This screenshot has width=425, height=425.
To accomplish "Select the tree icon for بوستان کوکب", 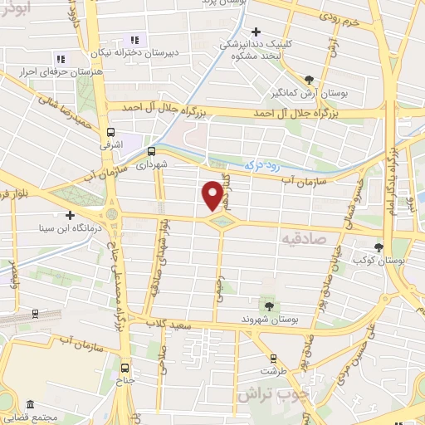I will [x=379, y=247].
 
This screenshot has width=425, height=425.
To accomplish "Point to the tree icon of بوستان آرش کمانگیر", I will [x=309, y=80].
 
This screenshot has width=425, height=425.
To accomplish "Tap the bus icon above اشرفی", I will [x=111, y=132].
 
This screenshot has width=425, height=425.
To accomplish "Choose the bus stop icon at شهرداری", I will [x=151, y=151].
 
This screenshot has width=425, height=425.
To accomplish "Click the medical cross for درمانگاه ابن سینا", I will [x=70, y=214].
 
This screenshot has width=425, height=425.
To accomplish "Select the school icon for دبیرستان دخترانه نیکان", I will [x=132, y=41].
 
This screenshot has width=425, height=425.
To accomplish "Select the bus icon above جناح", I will [x=125, y=368].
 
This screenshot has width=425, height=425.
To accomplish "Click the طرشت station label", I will [x=266, y=371].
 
